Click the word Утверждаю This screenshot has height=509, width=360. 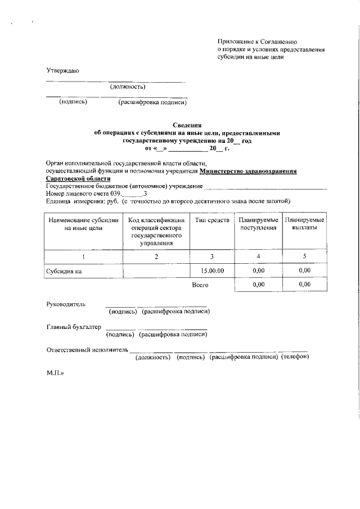click(x=62, y=71)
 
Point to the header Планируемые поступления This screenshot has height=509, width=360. click(x=258, y=224)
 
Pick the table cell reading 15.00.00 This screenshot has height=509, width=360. click(x=212, y=271)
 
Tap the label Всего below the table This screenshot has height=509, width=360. click(x=200, y=285)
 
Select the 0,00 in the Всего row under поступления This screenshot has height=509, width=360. click(x=258, y=285)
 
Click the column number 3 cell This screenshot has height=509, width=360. click(x=212, y=256)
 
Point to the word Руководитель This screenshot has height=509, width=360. click(x=66, y=304)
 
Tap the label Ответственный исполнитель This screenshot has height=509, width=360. click(x=88, y=350)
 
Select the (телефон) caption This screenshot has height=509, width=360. click(x=295, y=357)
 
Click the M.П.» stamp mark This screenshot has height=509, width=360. click(x=55, y=372)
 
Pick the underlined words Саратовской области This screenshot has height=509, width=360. click(x=78, y=178)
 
